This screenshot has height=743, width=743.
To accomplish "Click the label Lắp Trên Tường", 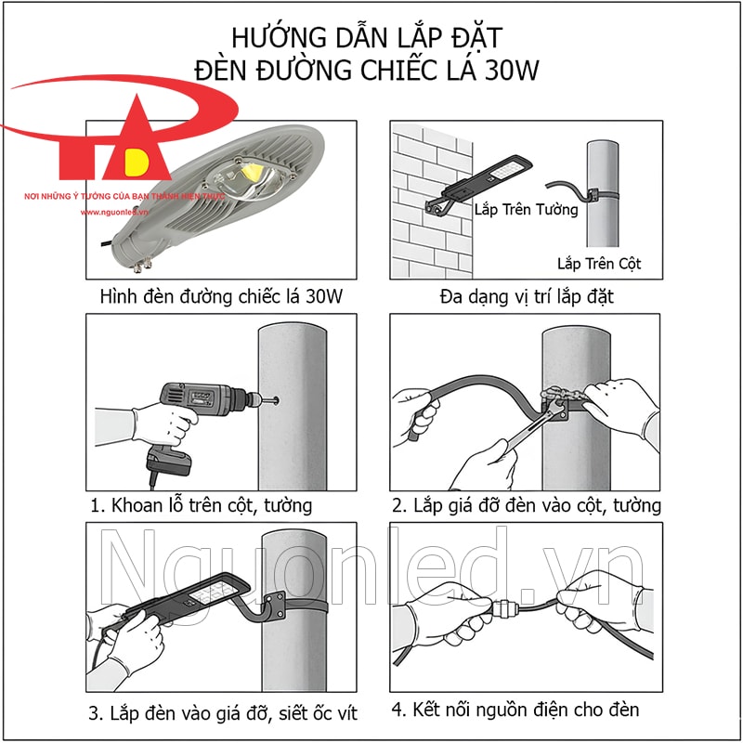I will coord(526,209).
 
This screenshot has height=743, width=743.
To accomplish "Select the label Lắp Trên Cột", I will coord(599,264).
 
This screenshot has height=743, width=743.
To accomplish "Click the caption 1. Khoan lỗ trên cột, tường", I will coord(202,505).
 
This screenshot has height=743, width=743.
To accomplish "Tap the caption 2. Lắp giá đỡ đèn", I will coord(526,505).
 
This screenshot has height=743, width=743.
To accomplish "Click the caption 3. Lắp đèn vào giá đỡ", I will coord(223,713).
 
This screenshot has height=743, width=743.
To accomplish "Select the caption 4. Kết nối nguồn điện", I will coord(515,710).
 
